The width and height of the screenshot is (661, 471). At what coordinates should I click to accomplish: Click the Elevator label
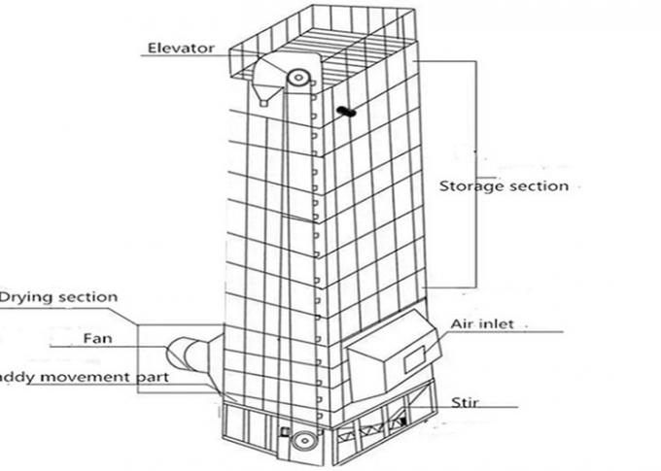point(180,47)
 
